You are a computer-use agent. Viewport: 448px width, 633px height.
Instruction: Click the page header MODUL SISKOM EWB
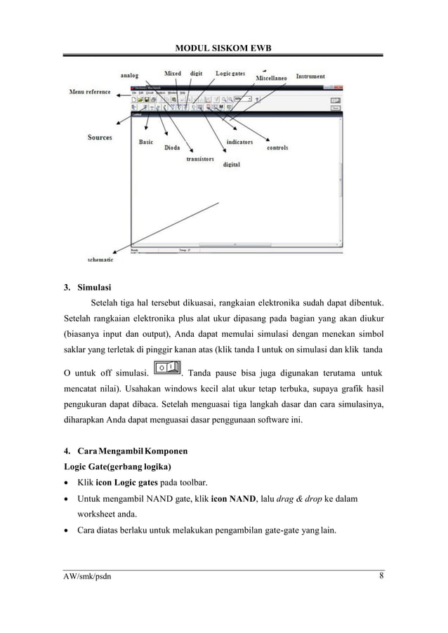[x=224, y=47]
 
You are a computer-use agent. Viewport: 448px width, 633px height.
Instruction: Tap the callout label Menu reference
[x=89, y=91]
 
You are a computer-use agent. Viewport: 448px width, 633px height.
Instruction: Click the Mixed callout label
[x=173, y=73]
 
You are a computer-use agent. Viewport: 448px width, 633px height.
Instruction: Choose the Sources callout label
[x=100, y=138]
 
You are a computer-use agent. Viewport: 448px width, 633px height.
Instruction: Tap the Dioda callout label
[x=172, y=148]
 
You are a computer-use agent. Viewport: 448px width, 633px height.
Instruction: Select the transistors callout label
[x=200, y=159]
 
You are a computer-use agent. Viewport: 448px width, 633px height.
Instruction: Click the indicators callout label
[x=239, y=142]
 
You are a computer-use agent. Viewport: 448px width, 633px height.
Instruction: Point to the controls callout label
[x=277, y=148]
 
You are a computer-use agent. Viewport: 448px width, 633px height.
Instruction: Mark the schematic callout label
[x=102, y=259]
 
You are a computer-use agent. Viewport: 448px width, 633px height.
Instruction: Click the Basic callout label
[x=146, y=142]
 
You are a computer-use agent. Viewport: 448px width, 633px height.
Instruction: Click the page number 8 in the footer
[x=381, y=577]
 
